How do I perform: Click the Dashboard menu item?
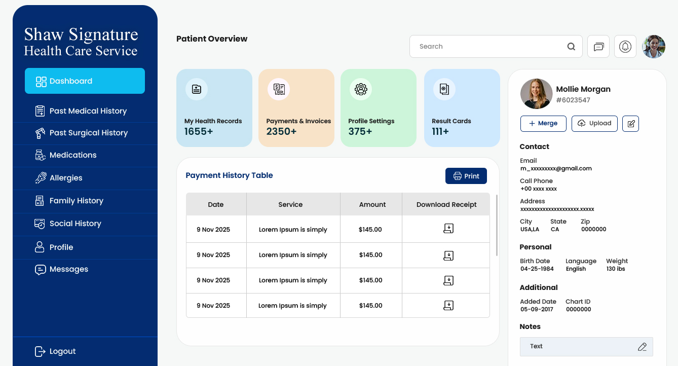85,81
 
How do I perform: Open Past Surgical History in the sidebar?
88,133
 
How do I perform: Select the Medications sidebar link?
72,155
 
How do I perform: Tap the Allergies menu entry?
65,178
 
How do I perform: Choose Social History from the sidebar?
75,224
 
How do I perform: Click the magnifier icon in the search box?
571,47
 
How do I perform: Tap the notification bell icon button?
625,47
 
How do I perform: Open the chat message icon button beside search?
598,47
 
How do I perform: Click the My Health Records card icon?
197,89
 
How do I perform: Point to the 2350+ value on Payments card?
281,132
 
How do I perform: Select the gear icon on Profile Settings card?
361,89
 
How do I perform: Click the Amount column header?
372,205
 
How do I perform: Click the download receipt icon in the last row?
448,305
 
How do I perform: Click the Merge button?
543,124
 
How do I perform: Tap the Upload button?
594,124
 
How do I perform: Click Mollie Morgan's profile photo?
536,94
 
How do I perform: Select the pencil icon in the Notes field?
642,347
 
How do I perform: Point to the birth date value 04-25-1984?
537,269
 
